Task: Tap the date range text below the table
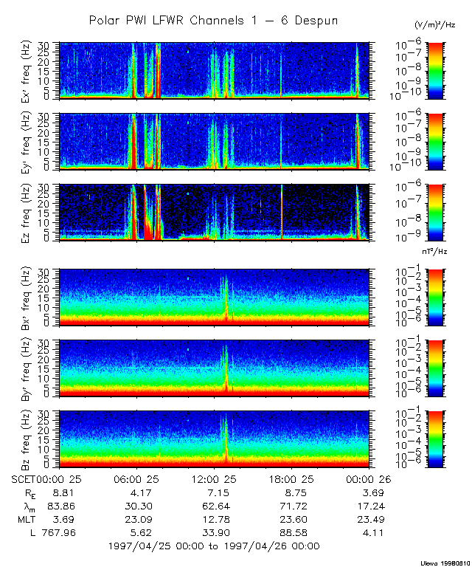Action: tap(213, 546)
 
